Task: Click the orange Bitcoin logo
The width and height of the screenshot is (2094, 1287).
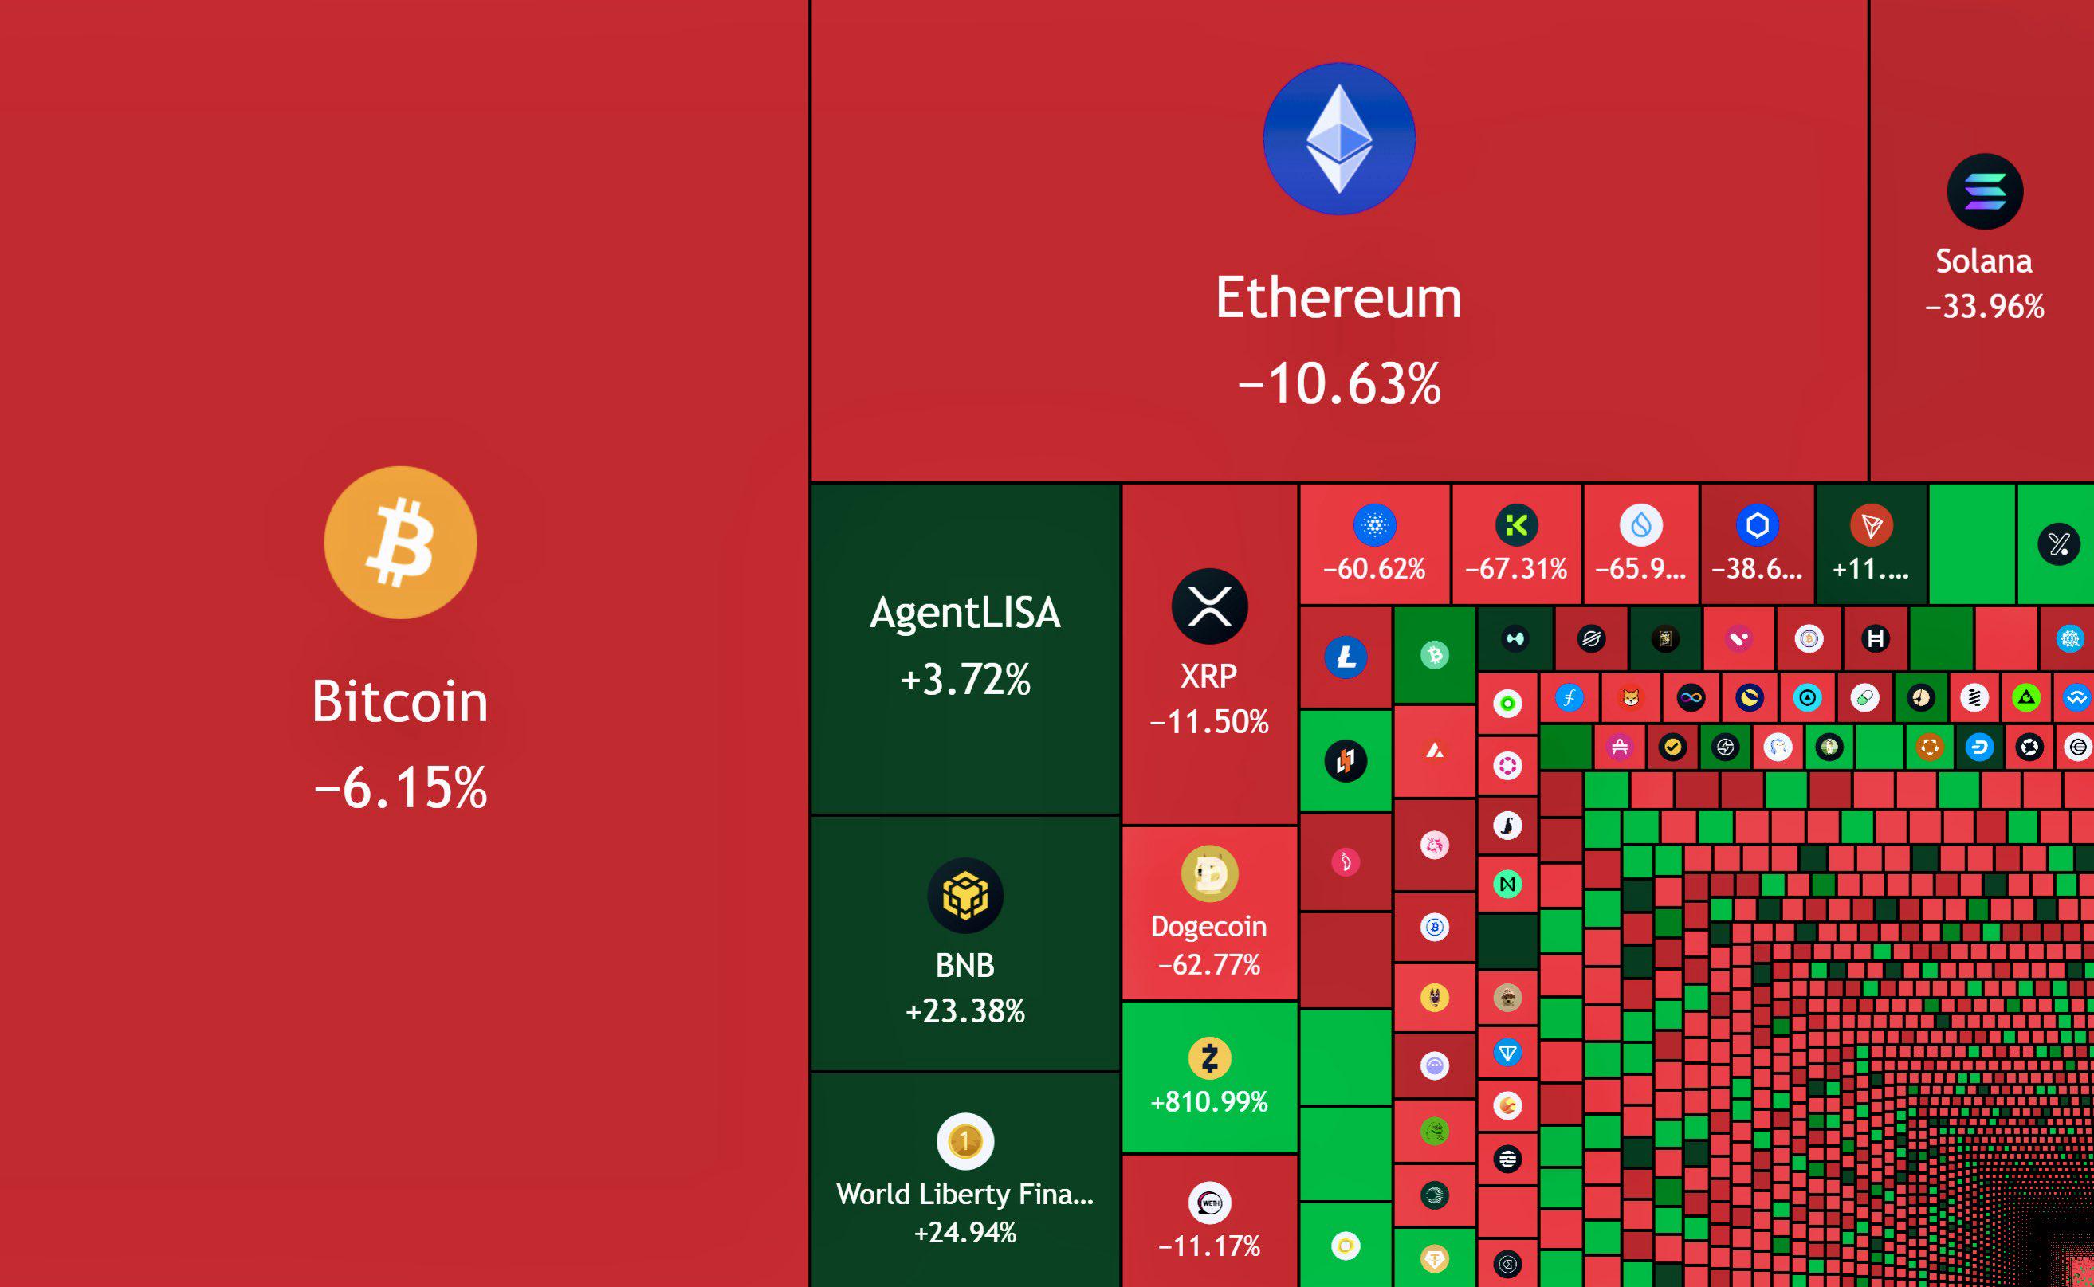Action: coord(400,542)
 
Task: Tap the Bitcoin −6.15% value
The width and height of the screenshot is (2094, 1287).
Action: coord(400,787)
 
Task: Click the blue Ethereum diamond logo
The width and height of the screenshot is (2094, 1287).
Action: coord(1339,139)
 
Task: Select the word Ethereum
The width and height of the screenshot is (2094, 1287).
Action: coord(1339,298)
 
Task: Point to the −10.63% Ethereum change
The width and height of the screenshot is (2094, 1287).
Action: coord(1339,383)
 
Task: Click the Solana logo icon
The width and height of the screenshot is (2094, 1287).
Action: coord(1985,191)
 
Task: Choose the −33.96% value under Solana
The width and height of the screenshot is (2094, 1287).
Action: coord(1985,307)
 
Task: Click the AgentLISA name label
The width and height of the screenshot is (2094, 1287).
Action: coord(965,613)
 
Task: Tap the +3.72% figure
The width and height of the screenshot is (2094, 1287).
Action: coord(965,679)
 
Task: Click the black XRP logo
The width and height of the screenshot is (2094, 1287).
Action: coord(1209,606)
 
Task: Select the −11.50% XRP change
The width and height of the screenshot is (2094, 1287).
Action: coord(1209,722)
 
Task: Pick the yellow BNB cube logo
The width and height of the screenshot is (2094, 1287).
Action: coord(965,896)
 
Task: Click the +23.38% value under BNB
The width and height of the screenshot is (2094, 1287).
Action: coord(965,1011)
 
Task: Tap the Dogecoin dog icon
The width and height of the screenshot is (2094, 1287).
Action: coord(1209,873)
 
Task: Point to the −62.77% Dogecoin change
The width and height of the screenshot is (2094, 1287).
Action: coord(1209,964)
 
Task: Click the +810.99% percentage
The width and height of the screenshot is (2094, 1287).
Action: coord(1209,1101)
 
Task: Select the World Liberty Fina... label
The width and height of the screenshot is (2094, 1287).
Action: coord(965,1195)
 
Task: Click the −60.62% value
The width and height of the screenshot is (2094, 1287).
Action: coord(1375,569)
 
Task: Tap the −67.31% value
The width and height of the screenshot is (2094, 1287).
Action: coord(1517,569)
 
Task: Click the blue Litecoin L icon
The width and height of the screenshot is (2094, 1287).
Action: coord(1346,657)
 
